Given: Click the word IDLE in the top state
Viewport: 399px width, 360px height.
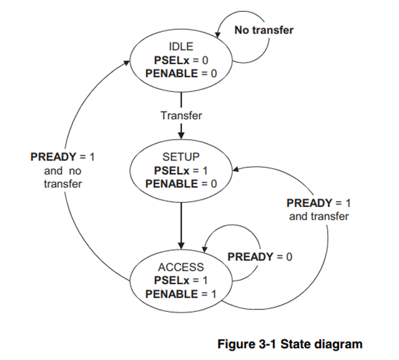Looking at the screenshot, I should point(181,46).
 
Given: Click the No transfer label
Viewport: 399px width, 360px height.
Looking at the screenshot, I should point(264,29).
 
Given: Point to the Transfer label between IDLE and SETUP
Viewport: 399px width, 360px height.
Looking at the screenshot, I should point(181,115).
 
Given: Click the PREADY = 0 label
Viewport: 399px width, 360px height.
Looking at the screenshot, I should point(260,256).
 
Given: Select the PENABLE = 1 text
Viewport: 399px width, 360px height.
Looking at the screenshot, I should point(181,294).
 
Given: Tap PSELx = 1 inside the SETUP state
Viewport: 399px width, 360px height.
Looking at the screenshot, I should point(181,170).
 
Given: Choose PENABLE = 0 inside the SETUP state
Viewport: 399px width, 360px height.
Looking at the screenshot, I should point(181,183).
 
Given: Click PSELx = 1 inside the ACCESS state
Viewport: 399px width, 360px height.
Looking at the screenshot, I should point(181,281).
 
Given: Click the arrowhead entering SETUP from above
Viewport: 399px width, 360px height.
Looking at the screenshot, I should point(181,135).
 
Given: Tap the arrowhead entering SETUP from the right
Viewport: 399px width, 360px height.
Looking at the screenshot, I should point(235,168).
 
